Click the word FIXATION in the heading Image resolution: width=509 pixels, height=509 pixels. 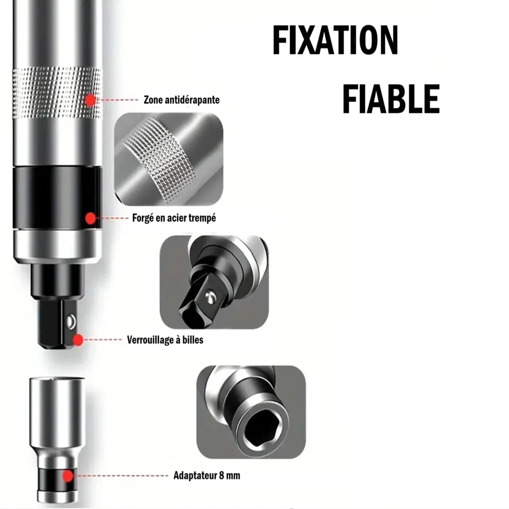coord(335,40)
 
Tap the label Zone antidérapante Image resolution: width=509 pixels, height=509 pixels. coord(182,100)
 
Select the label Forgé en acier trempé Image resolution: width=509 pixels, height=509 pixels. coord(174,218)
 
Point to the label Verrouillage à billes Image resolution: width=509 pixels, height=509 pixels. coord(165,340)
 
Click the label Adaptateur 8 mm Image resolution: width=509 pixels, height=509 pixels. coord(207,475)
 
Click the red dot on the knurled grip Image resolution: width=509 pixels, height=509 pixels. coord(91,100)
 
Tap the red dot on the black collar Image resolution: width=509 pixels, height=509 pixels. coord(91,218)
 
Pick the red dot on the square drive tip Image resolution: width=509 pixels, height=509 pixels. coord(78,340)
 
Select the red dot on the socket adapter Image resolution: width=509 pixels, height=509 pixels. coord(68,476)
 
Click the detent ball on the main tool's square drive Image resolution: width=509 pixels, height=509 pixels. coord(71,322)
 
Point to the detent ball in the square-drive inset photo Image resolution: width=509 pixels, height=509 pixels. coord(210,297)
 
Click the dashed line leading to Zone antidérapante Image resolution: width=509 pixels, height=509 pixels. coord(119,100)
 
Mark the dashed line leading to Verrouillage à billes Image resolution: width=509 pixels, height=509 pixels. coord(102,340)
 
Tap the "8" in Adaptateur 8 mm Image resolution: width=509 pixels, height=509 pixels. coord(222,475)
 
